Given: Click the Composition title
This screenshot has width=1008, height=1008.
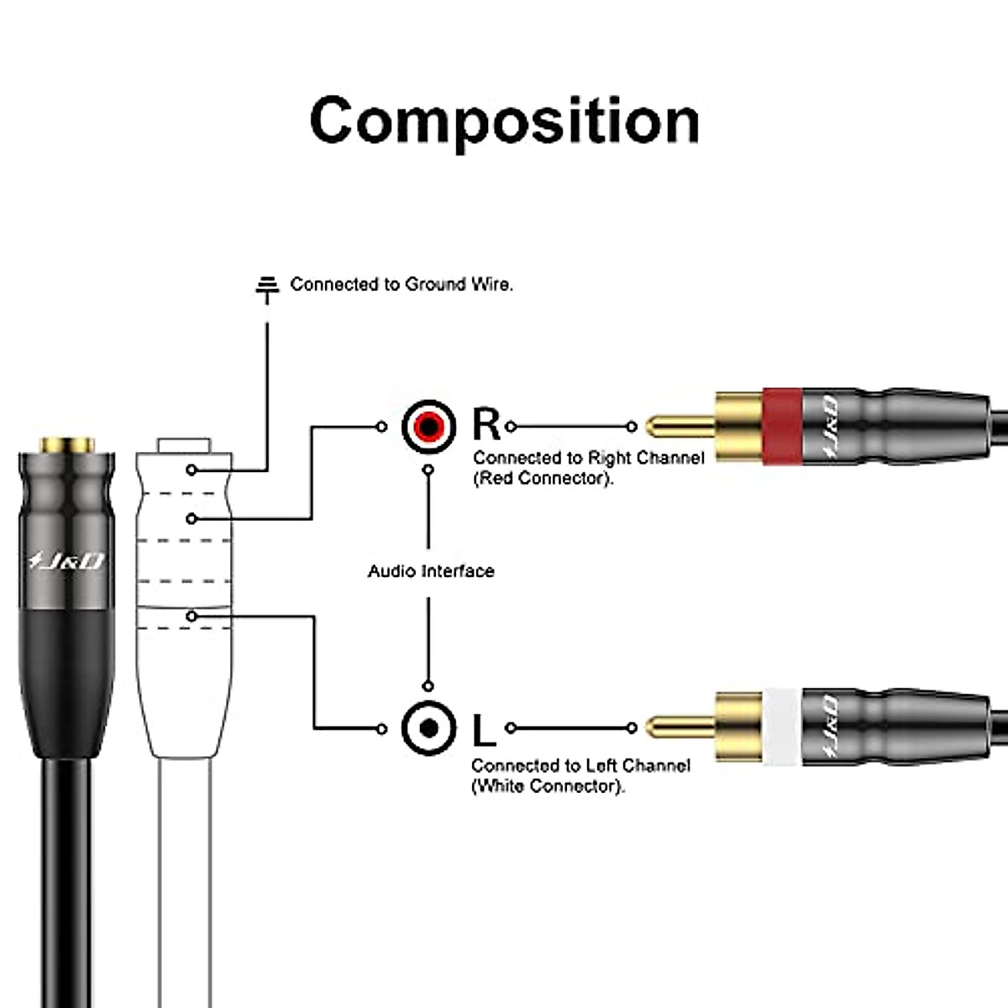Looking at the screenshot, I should click(x=504, y=120).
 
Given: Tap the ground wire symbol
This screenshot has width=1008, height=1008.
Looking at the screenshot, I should click(x=267, y=287).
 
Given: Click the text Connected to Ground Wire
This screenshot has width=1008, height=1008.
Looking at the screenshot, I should click(x=402, y=285).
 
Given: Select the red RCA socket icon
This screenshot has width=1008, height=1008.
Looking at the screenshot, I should click(x=428, y=427).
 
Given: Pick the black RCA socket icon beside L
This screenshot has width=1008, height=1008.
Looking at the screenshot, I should click(x=428, y=728).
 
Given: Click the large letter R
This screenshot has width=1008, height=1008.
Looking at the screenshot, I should click(x=486, y=425).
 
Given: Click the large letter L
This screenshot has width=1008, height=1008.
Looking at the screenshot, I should click(x=484, y=730).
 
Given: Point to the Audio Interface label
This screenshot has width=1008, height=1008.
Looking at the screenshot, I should click(x=431, y=571).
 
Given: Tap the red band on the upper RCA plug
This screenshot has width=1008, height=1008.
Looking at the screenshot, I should click(x=782, y=426).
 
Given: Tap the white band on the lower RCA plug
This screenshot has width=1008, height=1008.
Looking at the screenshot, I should click(x=782, y=727).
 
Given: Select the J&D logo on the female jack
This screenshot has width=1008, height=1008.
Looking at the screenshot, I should click(x=66, y=560).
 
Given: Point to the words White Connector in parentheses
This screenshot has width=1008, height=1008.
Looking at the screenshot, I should click(x=549, y=787).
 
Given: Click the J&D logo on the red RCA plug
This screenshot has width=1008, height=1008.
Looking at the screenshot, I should click(x=827, y=426).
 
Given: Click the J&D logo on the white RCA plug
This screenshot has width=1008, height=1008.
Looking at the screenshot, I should click(x=827, y=727).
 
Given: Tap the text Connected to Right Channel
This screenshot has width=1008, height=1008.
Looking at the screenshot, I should click(x=588, y=458).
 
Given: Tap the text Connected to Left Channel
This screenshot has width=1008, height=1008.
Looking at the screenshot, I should click(x=580, y=766).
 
